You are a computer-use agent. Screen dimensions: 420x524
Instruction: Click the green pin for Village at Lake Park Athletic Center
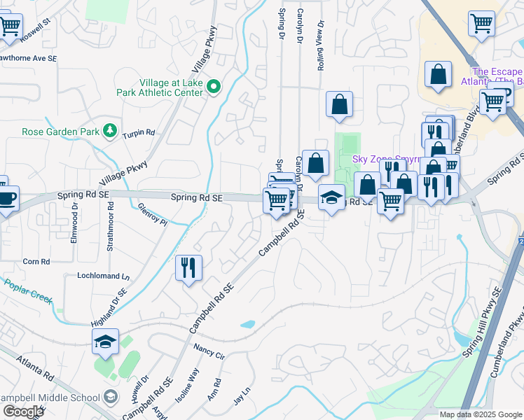pyautogui.click(x=216, y=87)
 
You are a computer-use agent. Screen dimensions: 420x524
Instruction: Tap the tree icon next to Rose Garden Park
pyautogui.click(x=109, y=131)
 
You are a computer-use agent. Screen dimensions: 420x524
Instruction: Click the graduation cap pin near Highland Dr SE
pyautogui.click(x=104, y=342)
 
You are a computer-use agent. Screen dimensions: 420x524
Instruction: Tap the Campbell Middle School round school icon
pyautogui.click(x=110, y=398)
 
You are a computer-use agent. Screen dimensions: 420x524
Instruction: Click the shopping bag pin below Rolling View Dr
pyautogui.click(x=339, y=105)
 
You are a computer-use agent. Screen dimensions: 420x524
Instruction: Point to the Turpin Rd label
pyautogui.click(x=139, y=134)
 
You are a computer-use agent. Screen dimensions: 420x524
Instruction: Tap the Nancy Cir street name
pyautogui.click(x=209, y=351)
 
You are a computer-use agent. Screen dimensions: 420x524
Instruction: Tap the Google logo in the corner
pyautogui.click(x=23, y=412)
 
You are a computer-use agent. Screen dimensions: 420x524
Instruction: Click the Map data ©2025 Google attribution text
pyautogui.click(x=480, y=414)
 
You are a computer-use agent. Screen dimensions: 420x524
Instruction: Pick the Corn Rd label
pyautogui.click(x=36, y=261)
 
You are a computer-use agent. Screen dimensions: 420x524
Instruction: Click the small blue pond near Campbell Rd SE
pyautogui.click(x=247, y=324)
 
